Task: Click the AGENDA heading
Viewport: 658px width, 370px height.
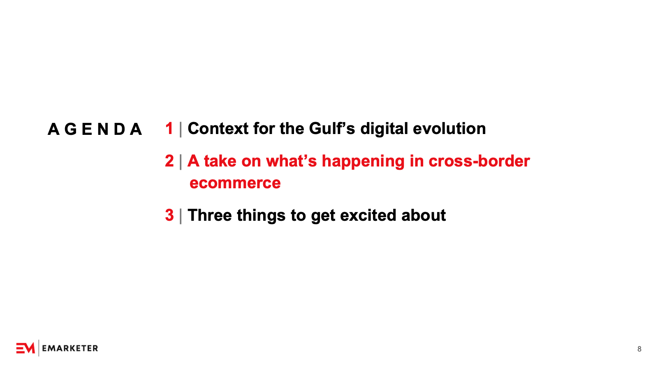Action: (x=95, y=129)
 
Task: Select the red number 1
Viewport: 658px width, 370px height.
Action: (x=169, y=128)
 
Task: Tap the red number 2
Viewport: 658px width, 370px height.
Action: (x=169, y=161)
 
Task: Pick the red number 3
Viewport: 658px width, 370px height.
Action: (x=169, y=215)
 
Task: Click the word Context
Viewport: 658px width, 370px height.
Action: (x=218, y=129)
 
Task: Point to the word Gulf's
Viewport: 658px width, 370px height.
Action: (x=332, y=129)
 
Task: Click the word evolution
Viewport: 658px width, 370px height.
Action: (x=449, y=129)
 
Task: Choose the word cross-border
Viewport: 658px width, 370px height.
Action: (x=479, y=161)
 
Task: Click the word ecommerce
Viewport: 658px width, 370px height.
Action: (x=235, y=183)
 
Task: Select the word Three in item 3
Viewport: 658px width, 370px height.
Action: (x=210, y=215)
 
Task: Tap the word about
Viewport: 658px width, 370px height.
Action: (x=423, y=215)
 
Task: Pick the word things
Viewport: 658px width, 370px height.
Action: (x=261, y=216)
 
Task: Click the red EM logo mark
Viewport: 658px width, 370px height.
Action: (x=25, y=348)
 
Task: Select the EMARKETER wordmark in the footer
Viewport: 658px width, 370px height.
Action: (x=70, y=348)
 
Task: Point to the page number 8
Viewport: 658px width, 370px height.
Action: (x=639, y=349)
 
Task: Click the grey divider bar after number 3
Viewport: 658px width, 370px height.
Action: (x=181, y=216)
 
